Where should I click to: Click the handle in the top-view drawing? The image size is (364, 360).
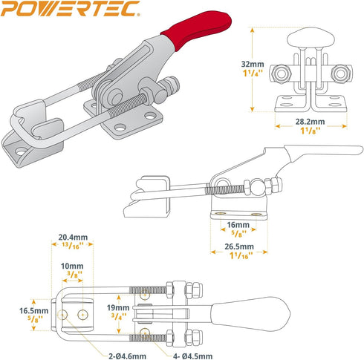[x=253, y=310]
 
